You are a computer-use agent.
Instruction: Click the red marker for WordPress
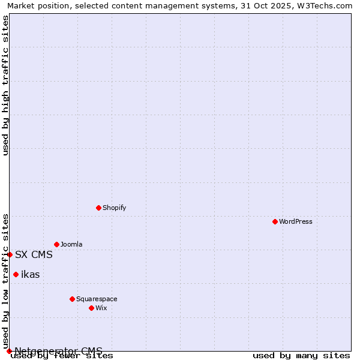(x=275, y=221)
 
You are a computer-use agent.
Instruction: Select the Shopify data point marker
(x=98, y=208)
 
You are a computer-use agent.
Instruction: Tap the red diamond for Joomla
(x=56, y=244)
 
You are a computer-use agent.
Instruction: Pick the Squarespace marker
(x=72, y=299)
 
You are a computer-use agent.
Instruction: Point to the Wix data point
(x=91, y=308)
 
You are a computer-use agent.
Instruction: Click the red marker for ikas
(x=16, y=274)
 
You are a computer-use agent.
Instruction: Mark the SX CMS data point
(x=10, y=254)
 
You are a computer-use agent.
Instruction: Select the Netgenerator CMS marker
(x=9, y=351)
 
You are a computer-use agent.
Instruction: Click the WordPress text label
(x=296, y=221)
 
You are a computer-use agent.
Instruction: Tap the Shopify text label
(x=114, y=208)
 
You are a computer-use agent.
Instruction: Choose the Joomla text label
(x=71, y=244)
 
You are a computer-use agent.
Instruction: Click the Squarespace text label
(x=97, y=299)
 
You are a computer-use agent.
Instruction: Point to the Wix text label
(x=101, y=308)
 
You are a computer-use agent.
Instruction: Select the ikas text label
(x=31, y=274)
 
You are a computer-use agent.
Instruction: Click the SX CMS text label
(x=34, y=254)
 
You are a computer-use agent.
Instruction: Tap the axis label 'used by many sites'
(x=301, y=356)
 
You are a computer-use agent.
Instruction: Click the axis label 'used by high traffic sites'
(x=6, y=85)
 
